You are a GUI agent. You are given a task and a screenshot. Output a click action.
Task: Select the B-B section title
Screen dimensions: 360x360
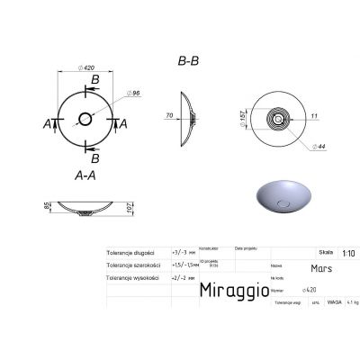pyautogui.click(x=187, y=61)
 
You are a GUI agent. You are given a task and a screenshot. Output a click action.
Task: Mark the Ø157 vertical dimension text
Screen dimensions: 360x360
pyautogui.click(x=241, y=117)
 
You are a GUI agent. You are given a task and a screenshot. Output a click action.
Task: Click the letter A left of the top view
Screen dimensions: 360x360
pyautogui.click(x=48, y=124)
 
